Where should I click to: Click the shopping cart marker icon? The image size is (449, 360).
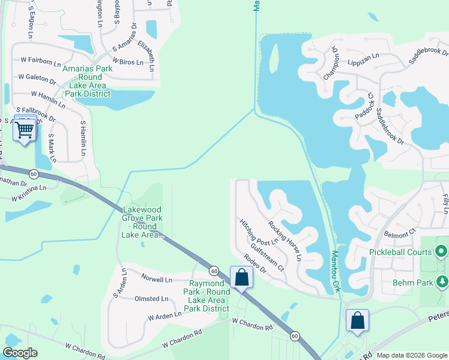pos(25,128)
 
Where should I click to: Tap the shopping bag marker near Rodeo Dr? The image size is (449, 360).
pos(241,277)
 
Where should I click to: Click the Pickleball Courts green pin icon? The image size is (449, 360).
pos(442,251)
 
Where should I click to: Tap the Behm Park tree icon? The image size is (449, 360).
pos(442,281)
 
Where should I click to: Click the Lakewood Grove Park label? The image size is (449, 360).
pos(143,222)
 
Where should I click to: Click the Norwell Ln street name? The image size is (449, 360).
pos(157,280)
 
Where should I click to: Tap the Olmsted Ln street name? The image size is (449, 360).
pos(152,299)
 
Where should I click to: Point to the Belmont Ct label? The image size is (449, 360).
pos(400,230)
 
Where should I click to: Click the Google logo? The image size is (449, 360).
pos(20,353)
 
